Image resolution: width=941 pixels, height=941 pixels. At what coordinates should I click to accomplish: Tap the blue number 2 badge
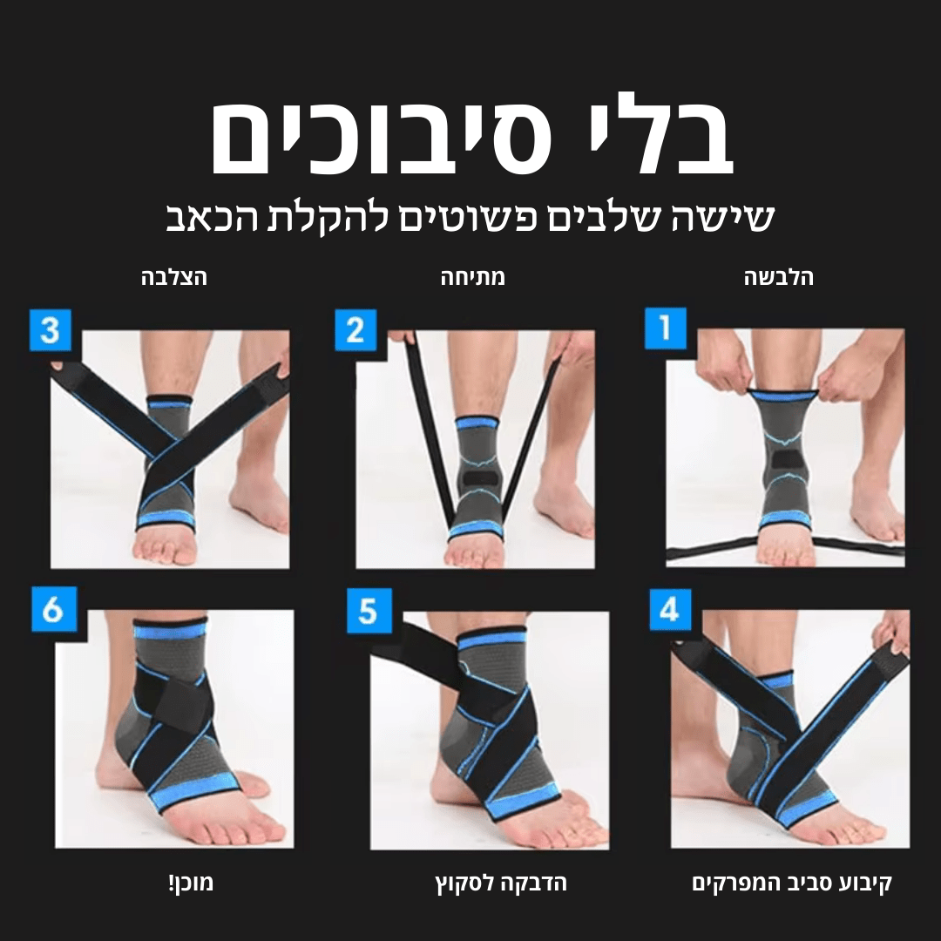click(x=355, y=331)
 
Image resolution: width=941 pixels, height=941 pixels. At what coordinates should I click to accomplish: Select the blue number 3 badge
click(x=51, y=331)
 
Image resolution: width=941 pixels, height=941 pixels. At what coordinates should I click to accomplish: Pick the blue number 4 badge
click(x=670, y=609)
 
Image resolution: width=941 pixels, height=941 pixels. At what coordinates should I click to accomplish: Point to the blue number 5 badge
click(x=368, y=611)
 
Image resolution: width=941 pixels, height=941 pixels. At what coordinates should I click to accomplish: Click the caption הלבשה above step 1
click(x=779, y=278)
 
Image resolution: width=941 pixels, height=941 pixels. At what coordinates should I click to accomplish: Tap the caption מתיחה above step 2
click(x=472, y=278)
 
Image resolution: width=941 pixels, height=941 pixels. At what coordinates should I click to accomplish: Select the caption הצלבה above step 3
click(x=174, y=278)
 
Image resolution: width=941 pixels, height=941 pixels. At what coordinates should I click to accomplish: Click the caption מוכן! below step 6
click(x=190, y=883)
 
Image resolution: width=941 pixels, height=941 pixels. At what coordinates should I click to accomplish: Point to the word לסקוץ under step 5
click(x=462, y=883)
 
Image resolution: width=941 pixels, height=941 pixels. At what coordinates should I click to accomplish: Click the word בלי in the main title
click(x=662, y=139)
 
